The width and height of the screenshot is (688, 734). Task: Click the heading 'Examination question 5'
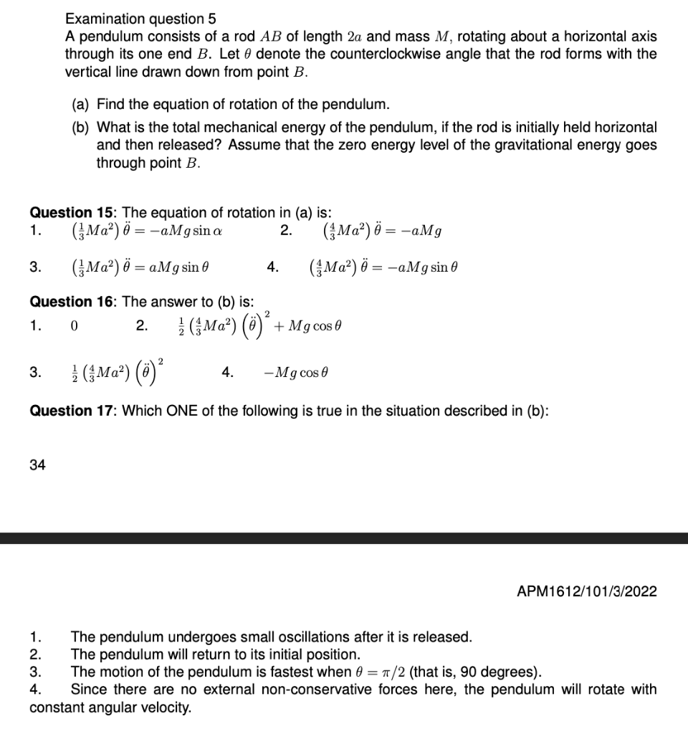(140, 19)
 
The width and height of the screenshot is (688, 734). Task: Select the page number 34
(37, 465)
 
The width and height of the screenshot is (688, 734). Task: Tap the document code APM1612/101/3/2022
(586, 592)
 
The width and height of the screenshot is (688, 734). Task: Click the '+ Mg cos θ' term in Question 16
(308, 326)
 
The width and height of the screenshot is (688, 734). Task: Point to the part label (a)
(80, 105)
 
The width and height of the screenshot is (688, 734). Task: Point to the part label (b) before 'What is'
(80, 128)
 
